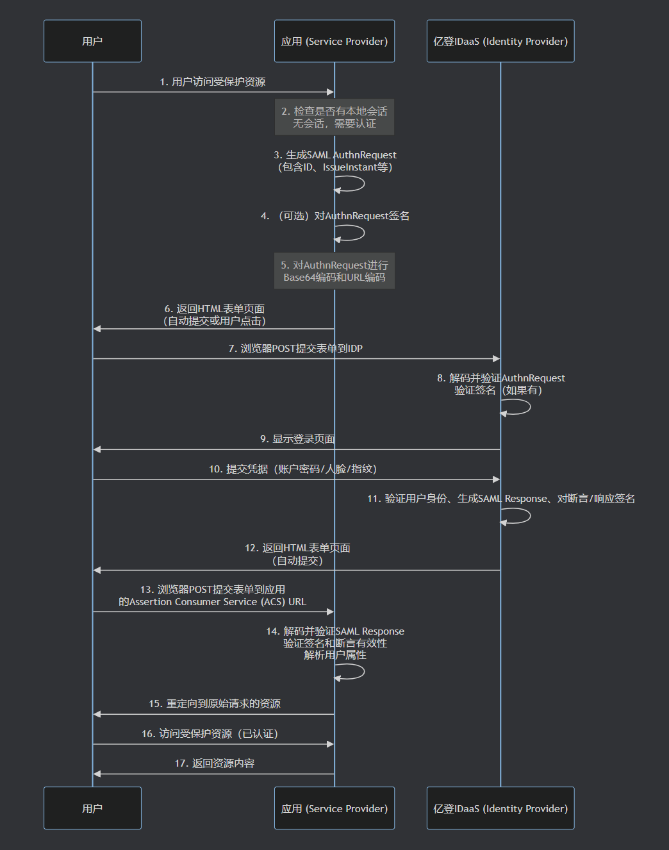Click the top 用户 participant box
click(92, 41)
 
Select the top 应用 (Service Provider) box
click(334, 41)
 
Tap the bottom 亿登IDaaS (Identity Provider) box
click(500, 808)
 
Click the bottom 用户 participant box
click(92, 808)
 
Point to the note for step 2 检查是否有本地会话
click(334, 117)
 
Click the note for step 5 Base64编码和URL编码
click(334, 271)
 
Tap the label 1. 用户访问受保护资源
click(212, 82)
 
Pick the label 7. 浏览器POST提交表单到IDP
click(295, 349)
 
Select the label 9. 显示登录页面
click(297, 439)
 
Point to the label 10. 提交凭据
click(293, 469)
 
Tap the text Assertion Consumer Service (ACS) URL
click(217, 602)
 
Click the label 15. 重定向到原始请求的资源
click(214, 704)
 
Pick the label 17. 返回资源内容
click(214, 763)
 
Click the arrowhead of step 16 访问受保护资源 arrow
click(330, 744)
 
